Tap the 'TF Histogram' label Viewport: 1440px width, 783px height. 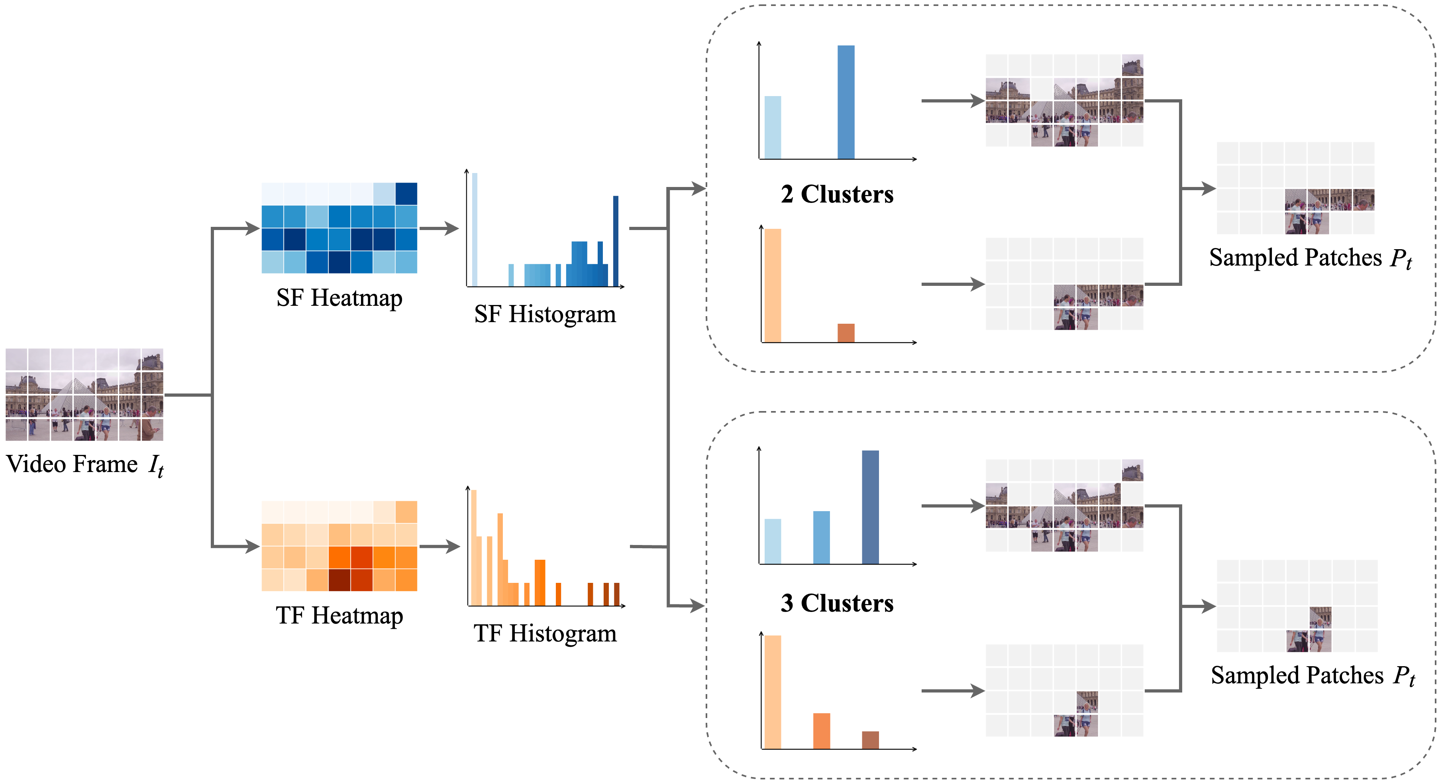coord(545,633)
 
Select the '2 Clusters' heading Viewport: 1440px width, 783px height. coord(837,195)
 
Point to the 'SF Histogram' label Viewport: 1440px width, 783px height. coord(545,314)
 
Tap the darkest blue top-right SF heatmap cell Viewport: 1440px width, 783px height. coord(406,193)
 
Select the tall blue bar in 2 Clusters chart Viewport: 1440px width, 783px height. coord(846,102)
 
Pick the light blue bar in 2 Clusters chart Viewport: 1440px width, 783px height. coord(773,128)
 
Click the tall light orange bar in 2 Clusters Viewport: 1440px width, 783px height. coord(773,285)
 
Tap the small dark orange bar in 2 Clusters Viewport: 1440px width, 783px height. coord(846,333)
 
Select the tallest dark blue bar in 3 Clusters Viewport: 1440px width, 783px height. coord(870,507)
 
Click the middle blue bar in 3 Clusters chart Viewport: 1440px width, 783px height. coord(821,537)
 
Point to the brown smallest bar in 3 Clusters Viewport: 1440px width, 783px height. coord(870,740)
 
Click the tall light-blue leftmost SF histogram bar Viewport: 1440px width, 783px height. coord(475,229)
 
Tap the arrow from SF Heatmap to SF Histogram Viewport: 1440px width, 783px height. coord(439,228)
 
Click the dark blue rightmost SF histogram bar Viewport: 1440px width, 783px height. coord(616,240)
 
